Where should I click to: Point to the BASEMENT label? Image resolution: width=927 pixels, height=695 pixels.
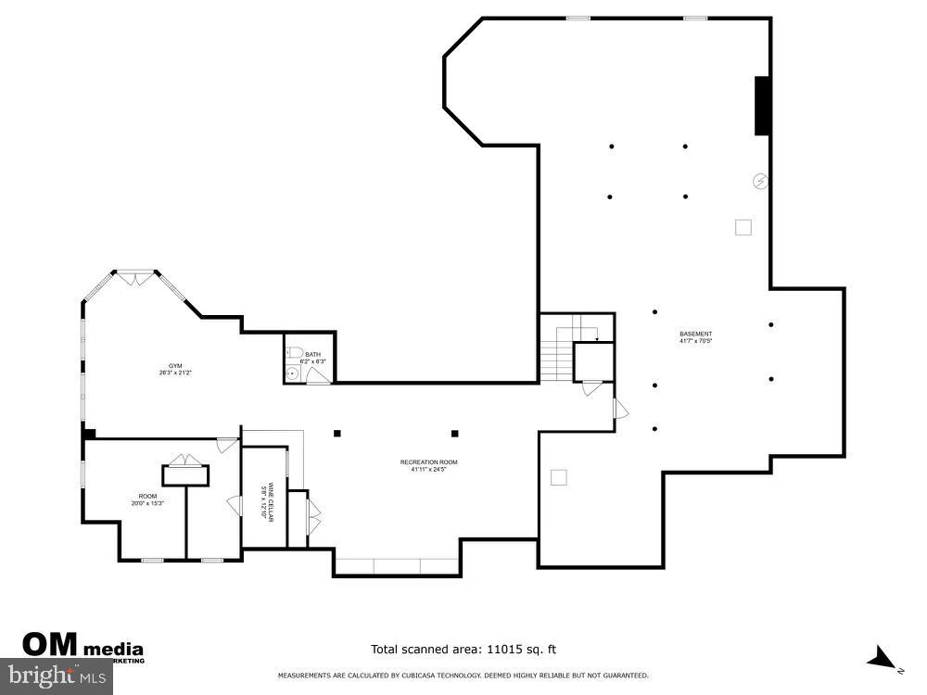[x=695, y=337]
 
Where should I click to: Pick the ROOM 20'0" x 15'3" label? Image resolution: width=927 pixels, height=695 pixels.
[x=147, y=499]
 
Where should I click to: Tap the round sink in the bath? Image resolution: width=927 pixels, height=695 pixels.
[x=293, y=373]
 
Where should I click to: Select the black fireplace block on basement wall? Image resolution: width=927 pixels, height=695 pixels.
[x=762, y=106]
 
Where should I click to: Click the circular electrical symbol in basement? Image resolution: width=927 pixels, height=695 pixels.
[x=760, y=182]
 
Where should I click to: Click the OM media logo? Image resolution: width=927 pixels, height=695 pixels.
[x=82, y=645]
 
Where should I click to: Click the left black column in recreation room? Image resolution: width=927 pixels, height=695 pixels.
[x=337, y=433]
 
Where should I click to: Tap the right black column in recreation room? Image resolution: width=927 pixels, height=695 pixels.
[x=454, y=433]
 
